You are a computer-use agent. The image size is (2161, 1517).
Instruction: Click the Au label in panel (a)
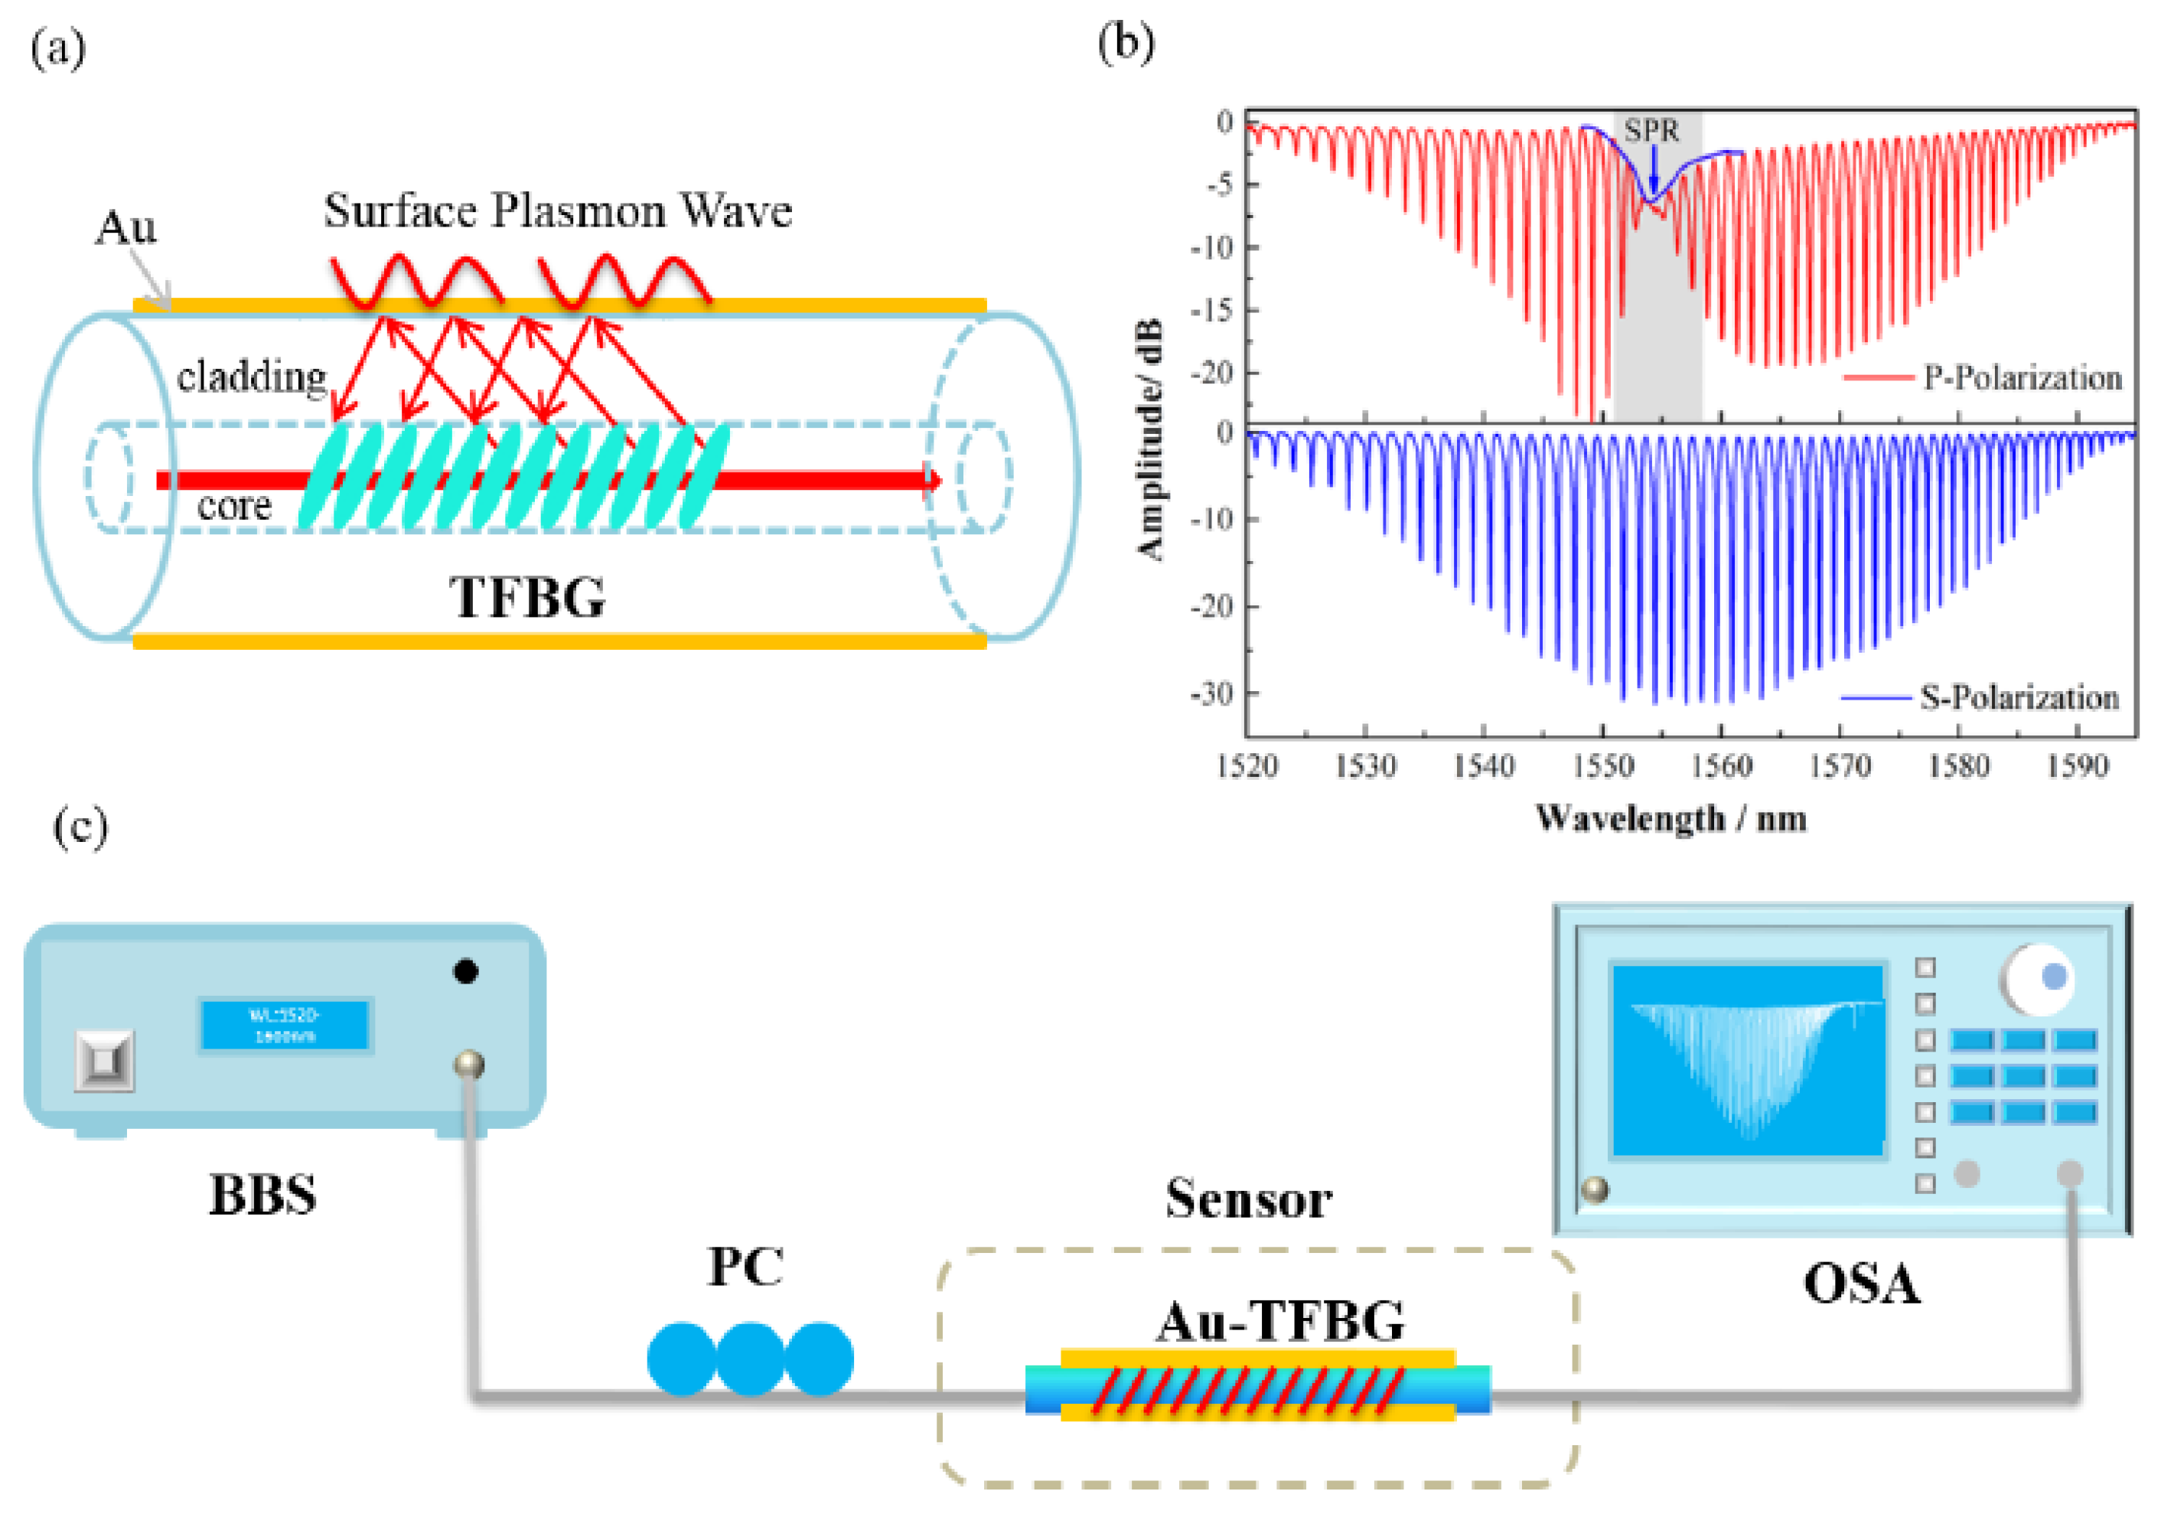pos(126,228)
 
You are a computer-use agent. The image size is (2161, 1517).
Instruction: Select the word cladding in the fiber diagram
pos(251,377)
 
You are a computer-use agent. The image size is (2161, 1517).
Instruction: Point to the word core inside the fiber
pos(233,507)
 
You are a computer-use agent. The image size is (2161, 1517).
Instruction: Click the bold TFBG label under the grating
pos(527,597)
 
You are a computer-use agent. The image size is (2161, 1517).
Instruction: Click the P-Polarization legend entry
pos(2022,377)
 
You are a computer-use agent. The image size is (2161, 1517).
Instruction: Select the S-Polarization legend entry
pos(2019,698)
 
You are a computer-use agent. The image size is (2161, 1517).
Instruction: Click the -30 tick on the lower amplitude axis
pos(1212,694)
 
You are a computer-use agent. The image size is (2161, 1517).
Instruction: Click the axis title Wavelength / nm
pos(1670,818)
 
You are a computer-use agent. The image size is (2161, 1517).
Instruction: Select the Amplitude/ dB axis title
pos(1150,440)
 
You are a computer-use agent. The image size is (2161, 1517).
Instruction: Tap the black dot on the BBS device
pos(466,971)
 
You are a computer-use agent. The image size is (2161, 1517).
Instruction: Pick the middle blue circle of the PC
pos(750,1358)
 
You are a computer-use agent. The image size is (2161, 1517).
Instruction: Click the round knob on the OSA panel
pos(2037,980)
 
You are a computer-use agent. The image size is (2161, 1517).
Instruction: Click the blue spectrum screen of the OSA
pos(1748,1060)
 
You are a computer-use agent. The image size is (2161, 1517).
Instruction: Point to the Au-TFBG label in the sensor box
pos(1280,1321)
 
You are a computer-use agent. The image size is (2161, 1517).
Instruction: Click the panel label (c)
pos(80,827)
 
